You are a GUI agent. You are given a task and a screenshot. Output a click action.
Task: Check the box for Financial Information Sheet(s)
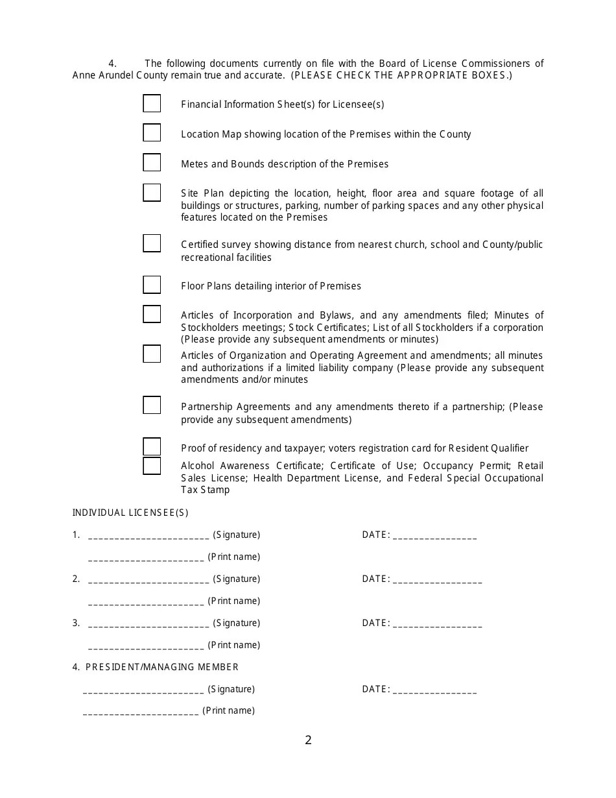[x=152, y=103]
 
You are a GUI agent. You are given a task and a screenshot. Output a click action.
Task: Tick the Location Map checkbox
[x=152, y=132]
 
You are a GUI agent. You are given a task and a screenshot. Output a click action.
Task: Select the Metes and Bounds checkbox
[x=152, y=162]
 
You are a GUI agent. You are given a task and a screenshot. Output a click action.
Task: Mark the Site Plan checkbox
[x=152, y=193]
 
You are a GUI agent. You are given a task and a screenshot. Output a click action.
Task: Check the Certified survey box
[x=152, y=243]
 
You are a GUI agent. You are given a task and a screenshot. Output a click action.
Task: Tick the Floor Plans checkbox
[x=152, y=285]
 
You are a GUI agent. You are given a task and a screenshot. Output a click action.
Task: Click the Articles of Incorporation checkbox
[x=152, y=314]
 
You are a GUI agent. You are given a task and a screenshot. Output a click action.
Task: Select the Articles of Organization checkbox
[x=152, y=354]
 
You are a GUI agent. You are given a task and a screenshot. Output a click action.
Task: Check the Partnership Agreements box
[x=152, y=405]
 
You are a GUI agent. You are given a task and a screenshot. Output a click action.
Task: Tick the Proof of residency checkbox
[x=152, y=447]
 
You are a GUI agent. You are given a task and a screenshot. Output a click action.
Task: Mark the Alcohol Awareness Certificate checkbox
[x=152, y=466]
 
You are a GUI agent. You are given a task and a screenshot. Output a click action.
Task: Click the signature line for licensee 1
[x=148, y=536]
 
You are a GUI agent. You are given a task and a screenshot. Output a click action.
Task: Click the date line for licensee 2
[x=437, y=580]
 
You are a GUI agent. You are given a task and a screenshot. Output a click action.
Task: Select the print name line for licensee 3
[x=146, y=646]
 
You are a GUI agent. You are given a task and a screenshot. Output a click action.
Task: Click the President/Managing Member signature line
[x=143, y=690]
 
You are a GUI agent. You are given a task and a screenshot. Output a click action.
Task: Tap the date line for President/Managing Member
[x=434, y=690]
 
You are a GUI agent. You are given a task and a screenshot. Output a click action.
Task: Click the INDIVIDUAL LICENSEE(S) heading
[x=130, y=513]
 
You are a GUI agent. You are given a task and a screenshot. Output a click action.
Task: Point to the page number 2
[x=308, y=740]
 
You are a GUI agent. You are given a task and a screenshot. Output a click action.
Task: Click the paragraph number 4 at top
[x=112, y=64]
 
